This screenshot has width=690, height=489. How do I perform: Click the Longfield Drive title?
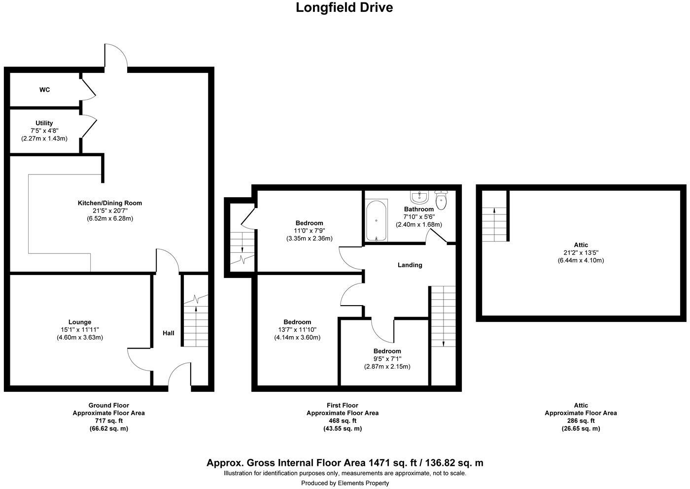(344, 8)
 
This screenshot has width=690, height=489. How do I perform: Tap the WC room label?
(45, 90)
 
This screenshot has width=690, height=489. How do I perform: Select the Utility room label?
(44, 123)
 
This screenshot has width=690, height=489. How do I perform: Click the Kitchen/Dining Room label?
(110, 203)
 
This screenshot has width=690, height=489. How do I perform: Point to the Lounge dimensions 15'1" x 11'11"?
(80, 330)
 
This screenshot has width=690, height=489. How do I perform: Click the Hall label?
(169, 333)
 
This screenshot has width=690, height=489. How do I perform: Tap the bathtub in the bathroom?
(377, 220)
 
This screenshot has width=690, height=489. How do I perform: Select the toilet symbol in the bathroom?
(441, 200)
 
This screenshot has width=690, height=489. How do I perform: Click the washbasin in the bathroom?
(420, 197)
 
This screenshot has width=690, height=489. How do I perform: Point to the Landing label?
(410, 265)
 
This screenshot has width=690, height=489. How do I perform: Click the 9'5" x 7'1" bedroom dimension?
(387, 359)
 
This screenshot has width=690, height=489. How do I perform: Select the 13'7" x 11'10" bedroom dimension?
(297, 330)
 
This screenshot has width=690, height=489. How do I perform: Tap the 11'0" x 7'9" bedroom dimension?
(310, 231)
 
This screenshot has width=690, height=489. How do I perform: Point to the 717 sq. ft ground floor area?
(108, 421)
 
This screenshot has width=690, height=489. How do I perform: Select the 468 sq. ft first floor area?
(342, 421)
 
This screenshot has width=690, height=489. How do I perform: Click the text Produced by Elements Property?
(345, 483)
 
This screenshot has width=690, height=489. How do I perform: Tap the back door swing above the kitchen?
(117, 55)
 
